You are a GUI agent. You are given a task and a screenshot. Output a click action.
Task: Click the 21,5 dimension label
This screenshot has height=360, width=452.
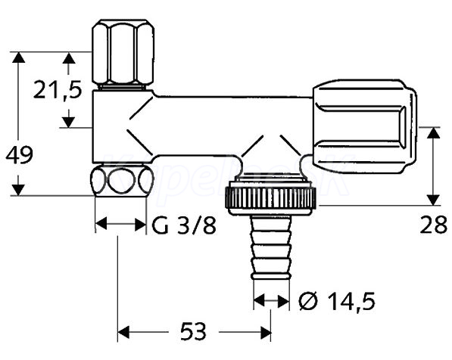point(58,89)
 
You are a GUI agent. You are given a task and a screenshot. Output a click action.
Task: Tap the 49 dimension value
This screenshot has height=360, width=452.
point(20,155)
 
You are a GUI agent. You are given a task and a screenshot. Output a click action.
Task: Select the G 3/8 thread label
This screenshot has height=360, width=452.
point(184,225)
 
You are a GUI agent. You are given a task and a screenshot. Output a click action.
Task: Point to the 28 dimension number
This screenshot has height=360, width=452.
point(433,225)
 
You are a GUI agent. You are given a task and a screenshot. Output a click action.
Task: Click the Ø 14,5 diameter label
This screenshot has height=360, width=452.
point(337,302)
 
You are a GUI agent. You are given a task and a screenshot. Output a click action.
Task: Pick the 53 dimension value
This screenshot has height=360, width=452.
point(193,331)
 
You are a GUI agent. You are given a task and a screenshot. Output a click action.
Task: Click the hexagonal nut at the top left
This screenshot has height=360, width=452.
point(123,52)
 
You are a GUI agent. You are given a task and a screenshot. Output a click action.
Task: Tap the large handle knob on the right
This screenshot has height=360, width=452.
point(365,127)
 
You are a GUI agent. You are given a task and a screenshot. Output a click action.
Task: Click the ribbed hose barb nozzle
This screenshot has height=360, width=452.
point(271,247)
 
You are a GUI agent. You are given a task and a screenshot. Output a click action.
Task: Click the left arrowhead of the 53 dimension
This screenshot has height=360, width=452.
point(123,332)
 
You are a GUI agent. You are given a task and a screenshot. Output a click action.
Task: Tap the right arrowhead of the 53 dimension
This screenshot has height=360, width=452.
point(265,332)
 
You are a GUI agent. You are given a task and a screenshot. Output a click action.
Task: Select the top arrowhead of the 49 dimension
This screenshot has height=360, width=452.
point(18,57)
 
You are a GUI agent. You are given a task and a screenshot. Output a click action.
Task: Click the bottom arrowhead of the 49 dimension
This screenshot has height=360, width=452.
point(18,190)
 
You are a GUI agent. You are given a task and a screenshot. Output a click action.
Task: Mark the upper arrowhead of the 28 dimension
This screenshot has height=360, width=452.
point(433,132)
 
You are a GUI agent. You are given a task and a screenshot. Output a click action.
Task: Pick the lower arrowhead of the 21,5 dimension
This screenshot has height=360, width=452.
point(69,122)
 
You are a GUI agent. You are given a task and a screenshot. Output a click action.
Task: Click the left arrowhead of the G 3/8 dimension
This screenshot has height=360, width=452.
point(101,224)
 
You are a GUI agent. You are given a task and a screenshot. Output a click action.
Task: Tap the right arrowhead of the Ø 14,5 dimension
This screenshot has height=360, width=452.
point(283,301)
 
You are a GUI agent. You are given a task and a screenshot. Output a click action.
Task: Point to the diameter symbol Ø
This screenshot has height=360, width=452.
point(308,302)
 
